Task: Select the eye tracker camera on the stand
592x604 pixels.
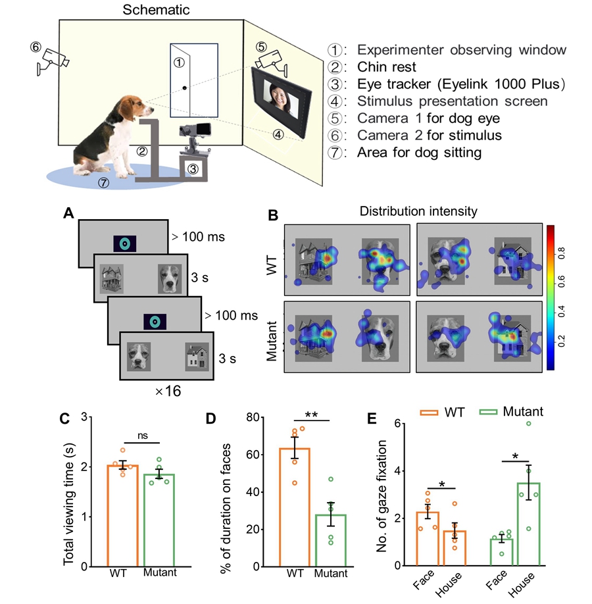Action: point(197,130)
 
